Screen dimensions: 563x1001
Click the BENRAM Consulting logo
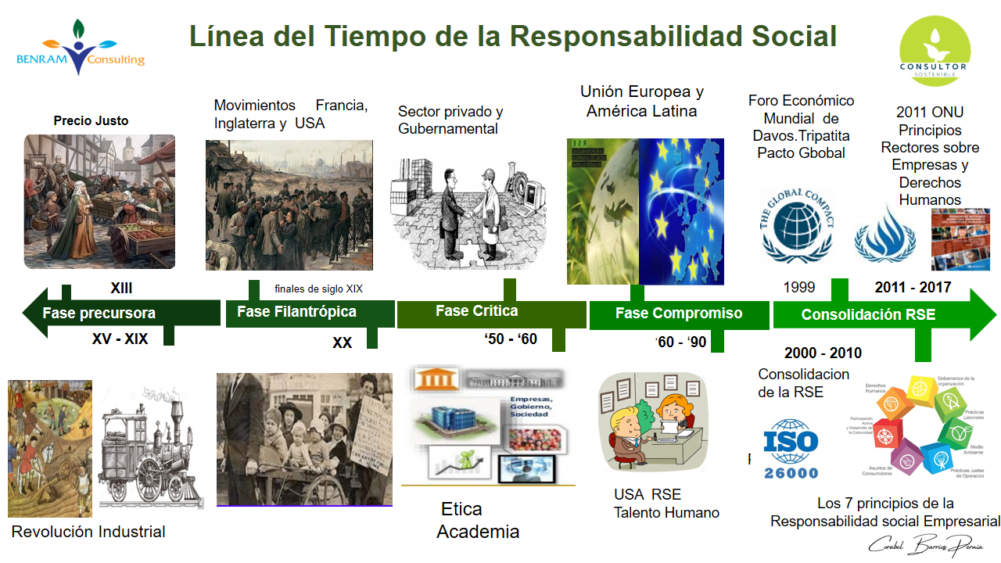click(80, 48)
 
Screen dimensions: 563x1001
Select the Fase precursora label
click(99, 314)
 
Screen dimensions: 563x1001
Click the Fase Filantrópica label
click(296, 312)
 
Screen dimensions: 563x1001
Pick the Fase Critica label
click(476, 311)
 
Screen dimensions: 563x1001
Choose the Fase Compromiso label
click(678, 314)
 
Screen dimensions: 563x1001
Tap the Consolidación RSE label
click(867, 315)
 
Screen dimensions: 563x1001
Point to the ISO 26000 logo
click(791, 448)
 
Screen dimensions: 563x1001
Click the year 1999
click(798, 288)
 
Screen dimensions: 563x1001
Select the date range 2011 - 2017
click(913, 288)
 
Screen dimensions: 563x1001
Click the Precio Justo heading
click(91, 121)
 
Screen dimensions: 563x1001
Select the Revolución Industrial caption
click(88, 533)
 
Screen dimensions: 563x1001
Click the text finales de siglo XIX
click(318, 289)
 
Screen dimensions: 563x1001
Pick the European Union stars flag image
click(681, 211)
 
